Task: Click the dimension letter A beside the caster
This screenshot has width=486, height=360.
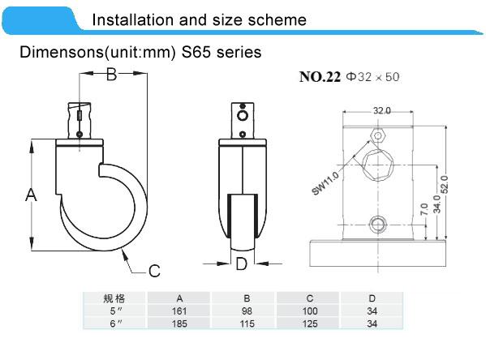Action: pos(32,195)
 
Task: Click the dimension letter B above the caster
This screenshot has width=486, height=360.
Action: pos(112,75)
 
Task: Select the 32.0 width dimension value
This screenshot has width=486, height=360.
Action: pos(381,110)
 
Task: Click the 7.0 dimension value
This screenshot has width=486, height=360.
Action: pos(423,209)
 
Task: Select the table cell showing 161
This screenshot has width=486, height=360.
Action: pos(178,311)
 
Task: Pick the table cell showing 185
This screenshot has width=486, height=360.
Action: pos(178,324)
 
